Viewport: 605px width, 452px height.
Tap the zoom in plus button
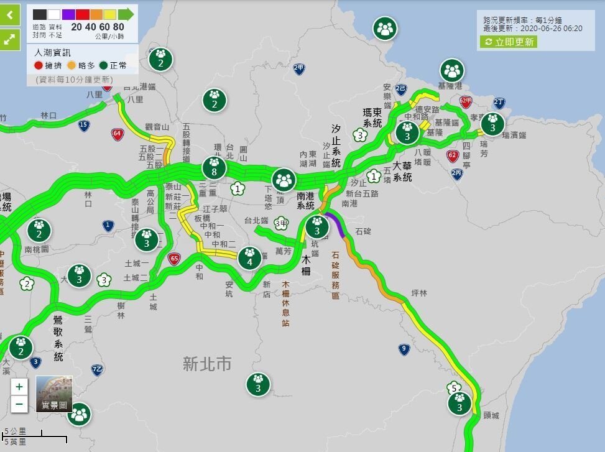coord(19,386)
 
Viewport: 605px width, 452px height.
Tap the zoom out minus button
coord(19,404)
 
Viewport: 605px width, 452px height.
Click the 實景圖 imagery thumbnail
coord(54,394)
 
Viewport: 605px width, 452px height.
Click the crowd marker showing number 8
coord(214,167)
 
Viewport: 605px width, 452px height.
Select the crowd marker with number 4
coord(249,257)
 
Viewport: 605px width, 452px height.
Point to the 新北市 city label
coord(207,364)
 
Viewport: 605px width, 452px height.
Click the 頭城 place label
coord(491,415)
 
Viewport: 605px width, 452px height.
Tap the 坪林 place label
coord(420,293)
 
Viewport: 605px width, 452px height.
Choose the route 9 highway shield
coord(404,349)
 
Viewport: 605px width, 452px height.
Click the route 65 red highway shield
coord(174,259)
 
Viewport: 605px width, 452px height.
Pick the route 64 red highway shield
coord(118,133)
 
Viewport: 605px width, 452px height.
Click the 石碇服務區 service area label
coord(336,275)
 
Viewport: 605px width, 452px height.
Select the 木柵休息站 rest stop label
coord(286,303)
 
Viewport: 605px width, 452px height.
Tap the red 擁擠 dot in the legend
coord(39,65)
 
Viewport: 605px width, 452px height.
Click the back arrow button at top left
coord(9,14)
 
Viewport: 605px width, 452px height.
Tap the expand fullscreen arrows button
coord(9,40)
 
